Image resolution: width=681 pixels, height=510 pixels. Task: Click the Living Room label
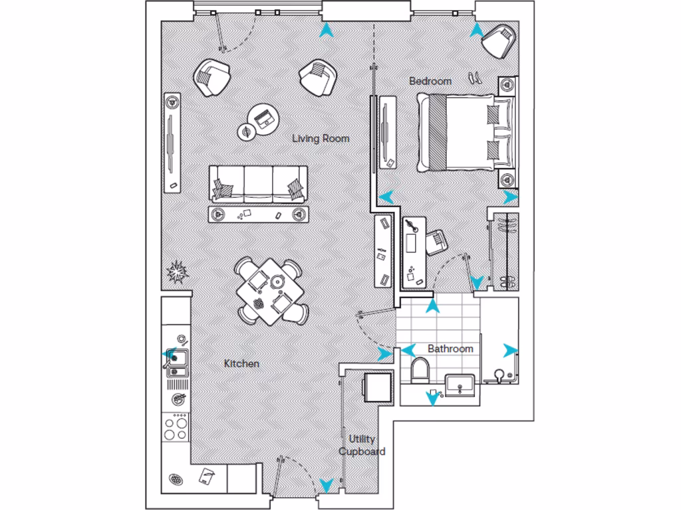click(321, 139)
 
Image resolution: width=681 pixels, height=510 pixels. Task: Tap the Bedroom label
click(430, 81)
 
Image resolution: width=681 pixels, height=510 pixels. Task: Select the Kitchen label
click(241, 363)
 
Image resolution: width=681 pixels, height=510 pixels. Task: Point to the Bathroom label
click(450, 349)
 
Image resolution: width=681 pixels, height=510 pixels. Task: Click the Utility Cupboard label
click(362, 446)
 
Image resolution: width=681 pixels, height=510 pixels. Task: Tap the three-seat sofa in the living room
click(258, 184)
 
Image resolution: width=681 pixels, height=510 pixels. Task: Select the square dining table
click(269, 291)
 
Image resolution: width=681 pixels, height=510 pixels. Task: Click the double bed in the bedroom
click(466, 131)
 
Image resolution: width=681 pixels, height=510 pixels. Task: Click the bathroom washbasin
click(459, 382)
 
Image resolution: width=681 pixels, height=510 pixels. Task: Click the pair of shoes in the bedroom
click(475, 78)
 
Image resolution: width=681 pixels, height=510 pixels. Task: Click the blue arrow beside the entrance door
click(325, 486)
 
